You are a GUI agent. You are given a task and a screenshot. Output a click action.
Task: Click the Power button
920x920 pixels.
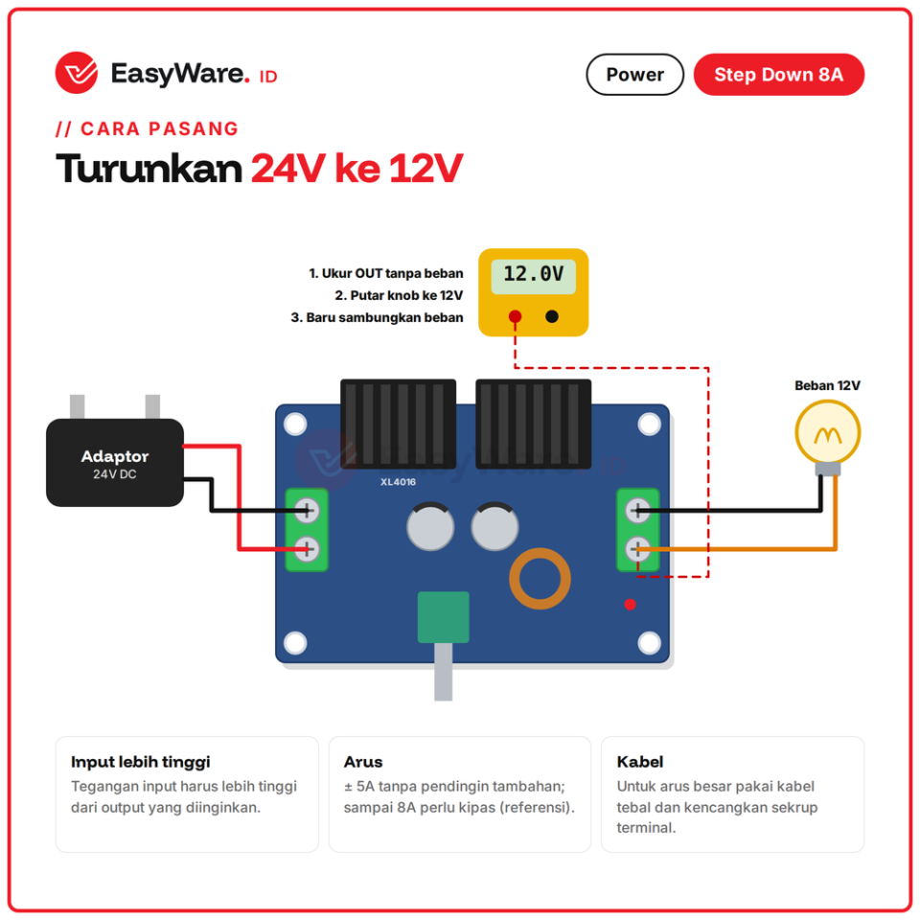tap(634, 75)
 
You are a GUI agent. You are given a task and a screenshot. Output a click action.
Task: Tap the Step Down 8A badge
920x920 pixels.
tap(778, 75)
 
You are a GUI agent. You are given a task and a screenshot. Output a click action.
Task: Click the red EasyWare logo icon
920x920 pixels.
tap(77, 73)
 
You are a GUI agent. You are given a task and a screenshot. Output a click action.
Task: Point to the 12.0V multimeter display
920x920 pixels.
tap(534, 276)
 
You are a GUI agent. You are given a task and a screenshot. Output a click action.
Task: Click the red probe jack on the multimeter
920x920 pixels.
tap(516, 317)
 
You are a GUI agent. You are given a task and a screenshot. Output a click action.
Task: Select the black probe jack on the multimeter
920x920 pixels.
tap(552, 317)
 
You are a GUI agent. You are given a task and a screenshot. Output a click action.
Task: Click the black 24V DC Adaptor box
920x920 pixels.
tap(115, 462)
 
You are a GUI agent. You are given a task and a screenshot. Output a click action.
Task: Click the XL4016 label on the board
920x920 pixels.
tap(398, 482)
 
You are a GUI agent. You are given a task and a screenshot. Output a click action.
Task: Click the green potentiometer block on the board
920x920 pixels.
tap(443, 617)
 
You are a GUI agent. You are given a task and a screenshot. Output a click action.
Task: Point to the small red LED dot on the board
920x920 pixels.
tap(631, 605)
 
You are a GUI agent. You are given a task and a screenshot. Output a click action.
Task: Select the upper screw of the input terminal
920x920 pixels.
tap(307, 511)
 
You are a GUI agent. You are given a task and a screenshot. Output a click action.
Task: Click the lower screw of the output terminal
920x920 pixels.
tap(638, 549)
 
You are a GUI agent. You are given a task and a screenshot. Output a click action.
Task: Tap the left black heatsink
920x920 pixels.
tap(399, 424)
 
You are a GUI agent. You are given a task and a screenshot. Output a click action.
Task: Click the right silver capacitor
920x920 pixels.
tap(494, 526)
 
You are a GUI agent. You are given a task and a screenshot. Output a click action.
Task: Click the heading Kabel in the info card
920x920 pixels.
tap(640, 762)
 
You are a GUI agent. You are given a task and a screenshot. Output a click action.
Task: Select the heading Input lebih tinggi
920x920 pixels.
tap(140, 762)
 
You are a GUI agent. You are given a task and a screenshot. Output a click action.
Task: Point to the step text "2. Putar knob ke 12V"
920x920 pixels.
tap(399, 295)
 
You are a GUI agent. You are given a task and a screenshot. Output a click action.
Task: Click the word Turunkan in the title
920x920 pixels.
tap(149, 169)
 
